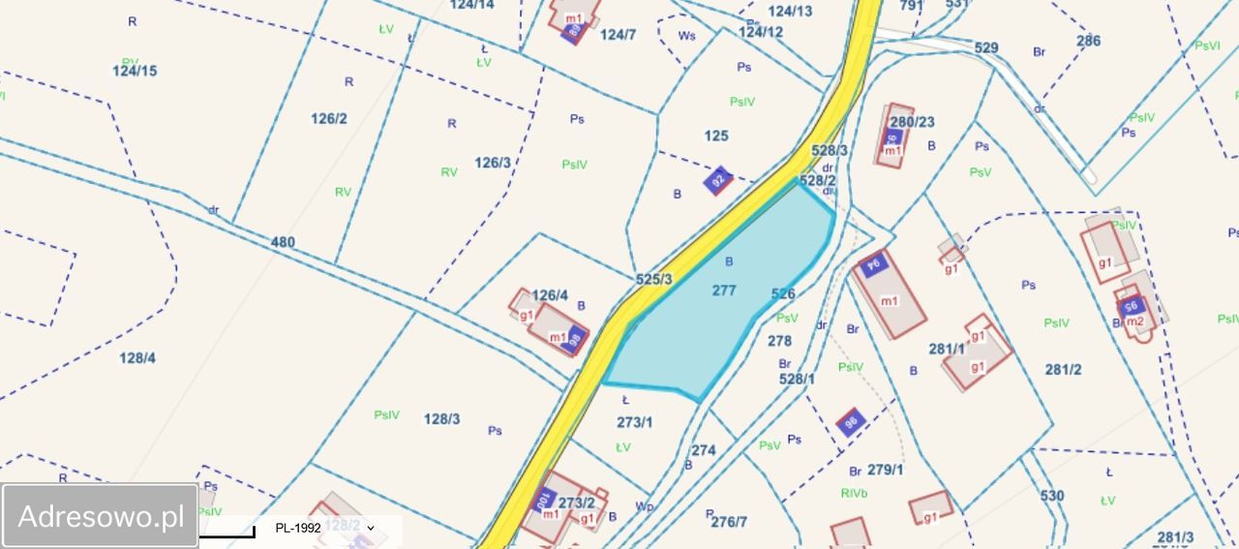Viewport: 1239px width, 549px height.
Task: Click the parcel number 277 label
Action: tap(724, 290)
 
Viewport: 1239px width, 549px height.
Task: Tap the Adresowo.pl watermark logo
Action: tap(101, 516)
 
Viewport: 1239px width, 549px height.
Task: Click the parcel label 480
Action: tap(283, 242)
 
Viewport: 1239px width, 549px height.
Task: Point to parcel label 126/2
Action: tap(329, 118)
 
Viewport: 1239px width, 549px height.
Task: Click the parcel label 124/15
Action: tap(135, 71)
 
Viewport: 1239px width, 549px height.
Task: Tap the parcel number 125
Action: tap(716, 136)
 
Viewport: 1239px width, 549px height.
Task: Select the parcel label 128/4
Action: tap(137, 357)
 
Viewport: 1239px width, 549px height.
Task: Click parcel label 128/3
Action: tap(441, 419)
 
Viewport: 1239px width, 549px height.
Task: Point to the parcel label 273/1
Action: tap(635, 422)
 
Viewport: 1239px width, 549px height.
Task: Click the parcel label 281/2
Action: tap(1063, 369)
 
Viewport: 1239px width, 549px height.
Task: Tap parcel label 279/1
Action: tap(885, 470)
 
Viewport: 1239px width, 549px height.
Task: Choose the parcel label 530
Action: tap(1052, 496)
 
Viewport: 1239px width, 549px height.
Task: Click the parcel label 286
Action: tap(1088, 41)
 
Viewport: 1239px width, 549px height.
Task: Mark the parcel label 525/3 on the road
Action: tap(654, 279)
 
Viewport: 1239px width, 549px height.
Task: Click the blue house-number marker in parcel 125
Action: tap(717, 180)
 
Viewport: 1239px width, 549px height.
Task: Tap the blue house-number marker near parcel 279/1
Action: tap(851, 421)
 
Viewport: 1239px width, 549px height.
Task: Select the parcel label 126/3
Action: tap(493, 162)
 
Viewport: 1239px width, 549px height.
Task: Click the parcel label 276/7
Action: tap(729, 522)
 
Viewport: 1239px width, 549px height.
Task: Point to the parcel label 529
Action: tap(986, 47)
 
